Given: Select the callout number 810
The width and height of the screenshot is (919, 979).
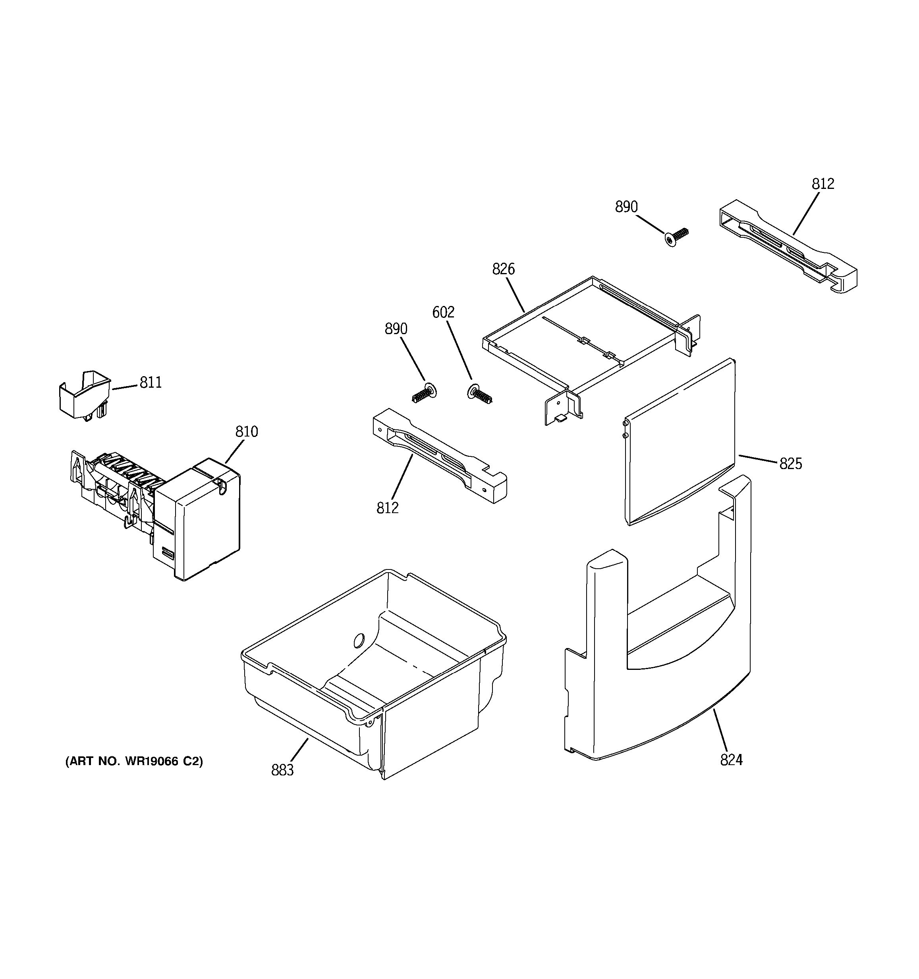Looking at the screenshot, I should [246, 432].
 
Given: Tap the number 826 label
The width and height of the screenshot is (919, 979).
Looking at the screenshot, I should [503, 269].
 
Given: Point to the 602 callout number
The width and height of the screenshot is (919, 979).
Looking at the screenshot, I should [443, 312].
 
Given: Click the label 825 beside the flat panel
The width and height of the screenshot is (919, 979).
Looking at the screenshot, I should [790, 464].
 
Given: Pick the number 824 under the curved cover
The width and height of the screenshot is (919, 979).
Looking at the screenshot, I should [731, 760].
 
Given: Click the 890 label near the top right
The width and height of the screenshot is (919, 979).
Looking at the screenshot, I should [626, 207].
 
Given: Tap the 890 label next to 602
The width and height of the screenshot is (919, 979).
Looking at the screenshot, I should [396, 329].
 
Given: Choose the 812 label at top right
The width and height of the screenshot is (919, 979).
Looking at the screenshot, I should [823, 184].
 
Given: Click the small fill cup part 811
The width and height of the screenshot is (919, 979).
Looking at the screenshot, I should [83, 395].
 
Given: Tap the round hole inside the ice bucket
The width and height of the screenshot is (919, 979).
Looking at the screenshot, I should [358, 640].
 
